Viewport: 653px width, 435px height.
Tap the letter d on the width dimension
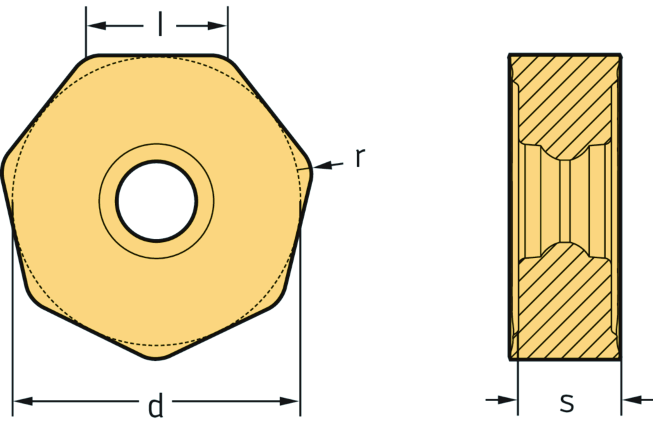coord(155,406)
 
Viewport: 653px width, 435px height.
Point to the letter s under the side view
coord(566,402)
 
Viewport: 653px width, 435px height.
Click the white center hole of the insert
coord(156,201)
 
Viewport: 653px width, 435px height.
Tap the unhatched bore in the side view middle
coord(564,201)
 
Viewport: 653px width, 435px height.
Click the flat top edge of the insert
coord(156,56)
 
